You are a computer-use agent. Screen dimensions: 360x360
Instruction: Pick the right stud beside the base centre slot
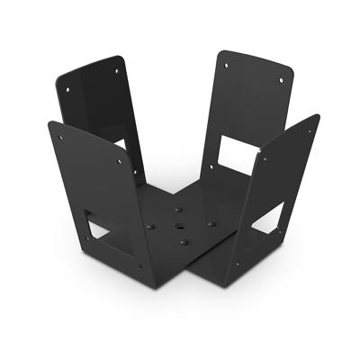click(211, 222)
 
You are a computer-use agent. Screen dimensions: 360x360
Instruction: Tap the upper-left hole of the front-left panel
click(60, 137)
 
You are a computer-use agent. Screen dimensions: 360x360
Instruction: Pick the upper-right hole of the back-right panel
click(281, 80)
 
